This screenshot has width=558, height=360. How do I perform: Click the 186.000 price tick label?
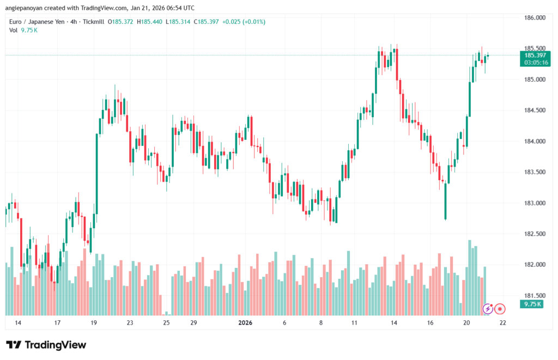534,17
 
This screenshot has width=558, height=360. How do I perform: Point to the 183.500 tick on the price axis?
534,172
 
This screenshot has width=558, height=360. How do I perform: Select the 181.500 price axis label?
534,296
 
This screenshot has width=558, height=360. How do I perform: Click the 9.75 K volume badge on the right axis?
530,304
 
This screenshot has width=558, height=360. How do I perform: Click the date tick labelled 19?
94,323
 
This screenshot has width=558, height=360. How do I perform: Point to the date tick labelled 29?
193,323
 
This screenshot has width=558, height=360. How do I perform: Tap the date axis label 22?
502,323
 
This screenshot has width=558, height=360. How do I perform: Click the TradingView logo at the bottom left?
46,345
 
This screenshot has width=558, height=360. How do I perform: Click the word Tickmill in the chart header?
93,22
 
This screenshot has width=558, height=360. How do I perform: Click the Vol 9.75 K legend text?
23,30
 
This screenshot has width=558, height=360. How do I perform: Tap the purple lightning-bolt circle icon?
488,309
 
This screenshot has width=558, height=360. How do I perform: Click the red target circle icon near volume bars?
500,309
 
